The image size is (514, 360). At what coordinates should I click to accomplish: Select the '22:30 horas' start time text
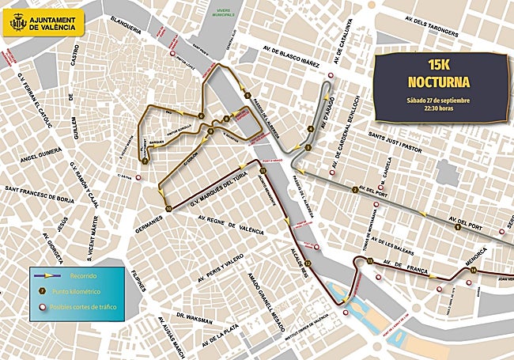click(x=438, y=109)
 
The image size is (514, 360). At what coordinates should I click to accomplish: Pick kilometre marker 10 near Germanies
click(x=168, y=208)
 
